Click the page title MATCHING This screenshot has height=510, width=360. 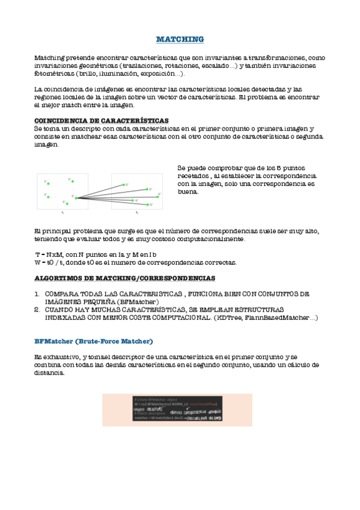click(180, 40)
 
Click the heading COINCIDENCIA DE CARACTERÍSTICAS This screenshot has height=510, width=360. click(102, 120)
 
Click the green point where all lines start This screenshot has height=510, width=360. click(76, 197)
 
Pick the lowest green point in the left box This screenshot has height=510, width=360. click(67, 204)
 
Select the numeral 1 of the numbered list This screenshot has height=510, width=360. click(37, 294)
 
